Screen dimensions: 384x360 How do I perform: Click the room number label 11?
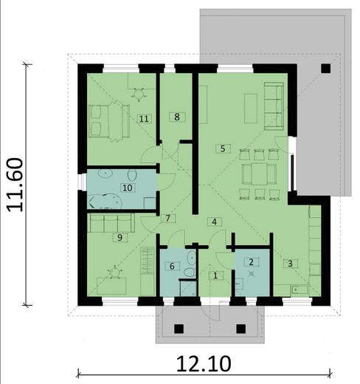coord(144,117)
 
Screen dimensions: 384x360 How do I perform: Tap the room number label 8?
coord(175,116)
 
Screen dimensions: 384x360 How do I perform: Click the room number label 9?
coord(118,238)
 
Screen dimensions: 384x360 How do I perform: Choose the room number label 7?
coord(169,219)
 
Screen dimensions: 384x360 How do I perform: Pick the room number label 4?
coord(214,221)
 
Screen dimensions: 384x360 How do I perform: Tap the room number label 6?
coord(173,266)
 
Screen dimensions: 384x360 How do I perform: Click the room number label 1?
coord(215,275)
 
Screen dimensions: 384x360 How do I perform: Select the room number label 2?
coord(251,261)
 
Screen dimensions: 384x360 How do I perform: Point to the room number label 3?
coord(291,262)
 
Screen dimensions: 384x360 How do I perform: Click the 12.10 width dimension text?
coord(203,363)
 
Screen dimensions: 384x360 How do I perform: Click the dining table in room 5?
coord(258,175)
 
